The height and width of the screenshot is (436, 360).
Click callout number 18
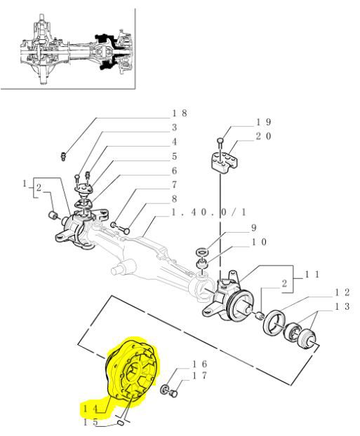[180, 113]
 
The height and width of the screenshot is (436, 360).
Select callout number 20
[263, 136]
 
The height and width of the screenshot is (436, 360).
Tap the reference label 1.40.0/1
[209, 212]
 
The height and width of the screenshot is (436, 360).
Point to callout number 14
[91, 409]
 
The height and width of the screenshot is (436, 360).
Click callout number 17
[199, 376]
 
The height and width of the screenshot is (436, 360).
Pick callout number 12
[342, 292]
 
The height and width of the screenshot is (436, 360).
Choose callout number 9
[253, 228]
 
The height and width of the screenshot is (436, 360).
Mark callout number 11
[312, 275]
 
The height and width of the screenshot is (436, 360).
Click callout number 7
[174, 184]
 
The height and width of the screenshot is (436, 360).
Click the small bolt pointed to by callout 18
[63, 156]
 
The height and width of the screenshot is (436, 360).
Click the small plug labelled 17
[174, 394]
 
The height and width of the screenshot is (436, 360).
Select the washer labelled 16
[164, 389]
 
